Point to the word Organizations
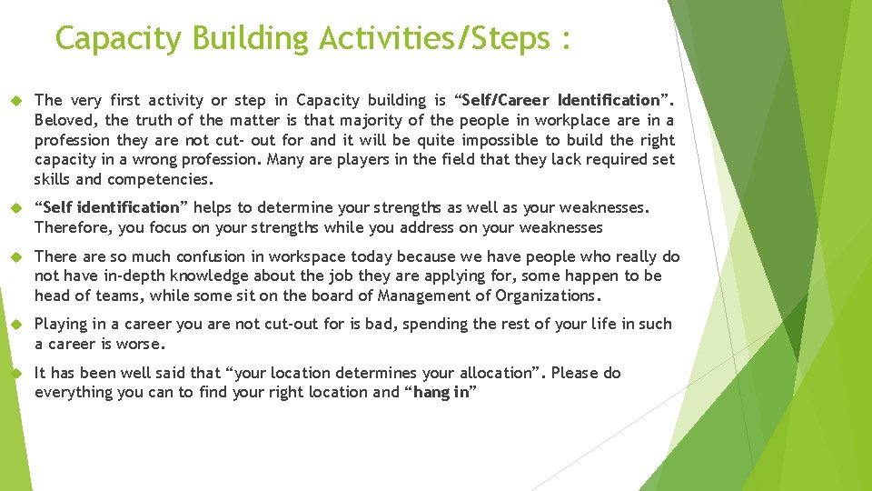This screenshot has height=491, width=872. (x=548, y=295)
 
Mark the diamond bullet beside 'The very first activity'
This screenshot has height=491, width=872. (x=15, y=101)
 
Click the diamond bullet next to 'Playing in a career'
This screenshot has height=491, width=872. (x=15, y=325)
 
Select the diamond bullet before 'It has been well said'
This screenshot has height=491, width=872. (x=15, y=374)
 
